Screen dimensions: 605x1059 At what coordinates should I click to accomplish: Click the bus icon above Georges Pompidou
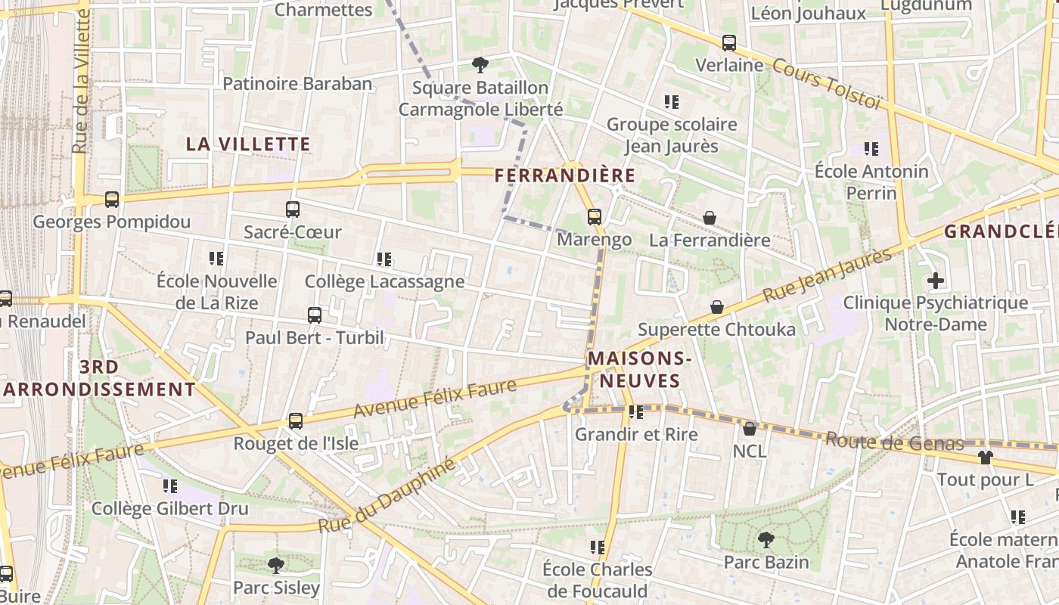pyautogui.click(x=112, y=200)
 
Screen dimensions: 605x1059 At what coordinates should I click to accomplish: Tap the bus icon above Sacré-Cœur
pyautogui.click(x=293, y=209)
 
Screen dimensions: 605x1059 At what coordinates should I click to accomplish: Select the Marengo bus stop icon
pyautogui.click(x=595, y=217)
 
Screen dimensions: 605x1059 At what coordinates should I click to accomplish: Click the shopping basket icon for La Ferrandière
pyautogui.click(x=710, y=218)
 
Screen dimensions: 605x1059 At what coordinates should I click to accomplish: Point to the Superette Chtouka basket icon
pyautogui.click(x=716, y=307)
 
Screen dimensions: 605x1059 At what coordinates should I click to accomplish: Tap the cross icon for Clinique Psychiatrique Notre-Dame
pyautogui.click(x=936, y=281)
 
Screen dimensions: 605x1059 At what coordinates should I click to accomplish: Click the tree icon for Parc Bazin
pyautogui.click(x=766, y=539)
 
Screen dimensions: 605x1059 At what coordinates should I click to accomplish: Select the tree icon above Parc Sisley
pyautogui.click(x=276, y=565)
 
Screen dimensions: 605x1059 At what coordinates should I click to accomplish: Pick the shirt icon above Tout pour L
pyautogui.click(x=985, y=457)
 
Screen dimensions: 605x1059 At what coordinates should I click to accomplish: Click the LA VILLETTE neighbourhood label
pyautogui.click(x=248, y=144)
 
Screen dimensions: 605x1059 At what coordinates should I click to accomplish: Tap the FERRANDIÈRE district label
pyautogui.click(x=564, y=175)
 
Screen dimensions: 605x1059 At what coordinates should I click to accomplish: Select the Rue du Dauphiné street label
pyautogui.click(x=387, y=495)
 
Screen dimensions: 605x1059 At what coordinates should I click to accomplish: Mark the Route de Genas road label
pyautogui.click(x=894, y=442)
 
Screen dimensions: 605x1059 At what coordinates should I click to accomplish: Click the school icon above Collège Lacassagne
pyautogui.click(x=384, y=259)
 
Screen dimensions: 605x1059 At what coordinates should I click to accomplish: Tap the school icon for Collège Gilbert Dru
pyautogui.click(x=170, y=486)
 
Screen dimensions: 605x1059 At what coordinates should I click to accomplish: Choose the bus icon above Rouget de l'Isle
pyautogui.click(x=296, y=421)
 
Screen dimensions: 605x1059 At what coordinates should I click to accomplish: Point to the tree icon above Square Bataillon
pyautogui.click(x=480, y=65)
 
